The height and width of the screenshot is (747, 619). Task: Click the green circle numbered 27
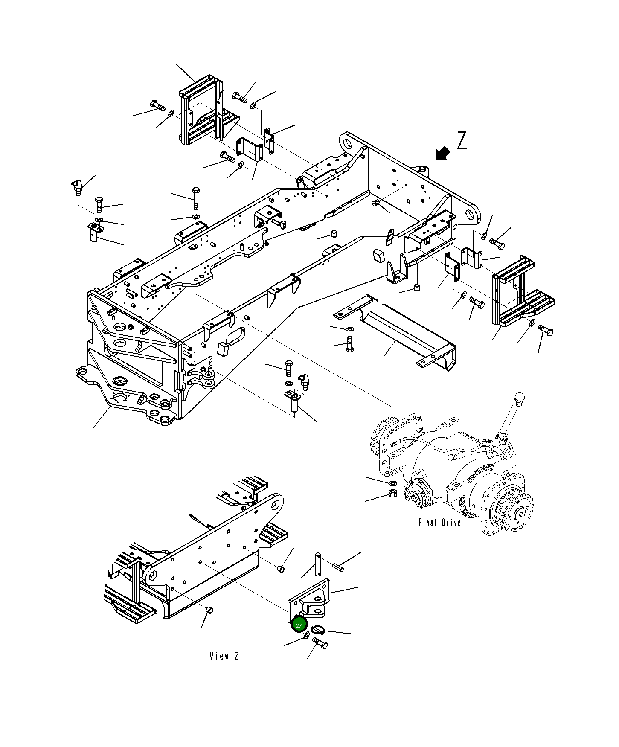(299, 625)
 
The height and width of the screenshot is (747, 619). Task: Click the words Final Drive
(439, 523)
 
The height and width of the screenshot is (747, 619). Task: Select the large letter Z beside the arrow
(462, 141)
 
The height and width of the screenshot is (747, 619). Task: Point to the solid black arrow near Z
(443, 154)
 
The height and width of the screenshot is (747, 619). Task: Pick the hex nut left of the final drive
(392, 494)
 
